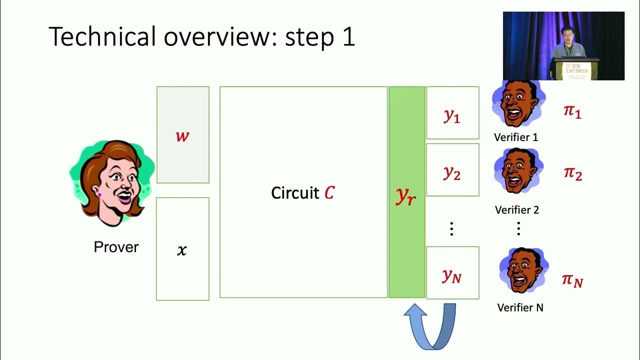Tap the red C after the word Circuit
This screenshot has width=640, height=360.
(x=329, y=193)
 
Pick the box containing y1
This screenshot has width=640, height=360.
(x=452, y=113)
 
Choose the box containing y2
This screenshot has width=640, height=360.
(x=452, y=170)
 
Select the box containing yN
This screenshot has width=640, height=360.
(x=452, y=273)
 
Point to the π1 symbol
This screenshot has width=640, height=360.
(x=572, y=111)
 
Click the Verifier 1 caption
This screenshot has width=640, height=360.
(x=515, y=137)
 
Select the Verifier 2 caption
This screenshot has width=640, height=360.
(x=516, y=210)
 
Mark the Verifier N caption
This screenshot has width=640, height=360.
(x=520, y=308)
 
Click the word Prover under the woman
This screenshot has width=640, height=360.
(x=116, y=247)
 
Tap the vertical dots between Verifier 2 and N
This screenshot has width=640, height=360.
(x=518, y=228)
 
